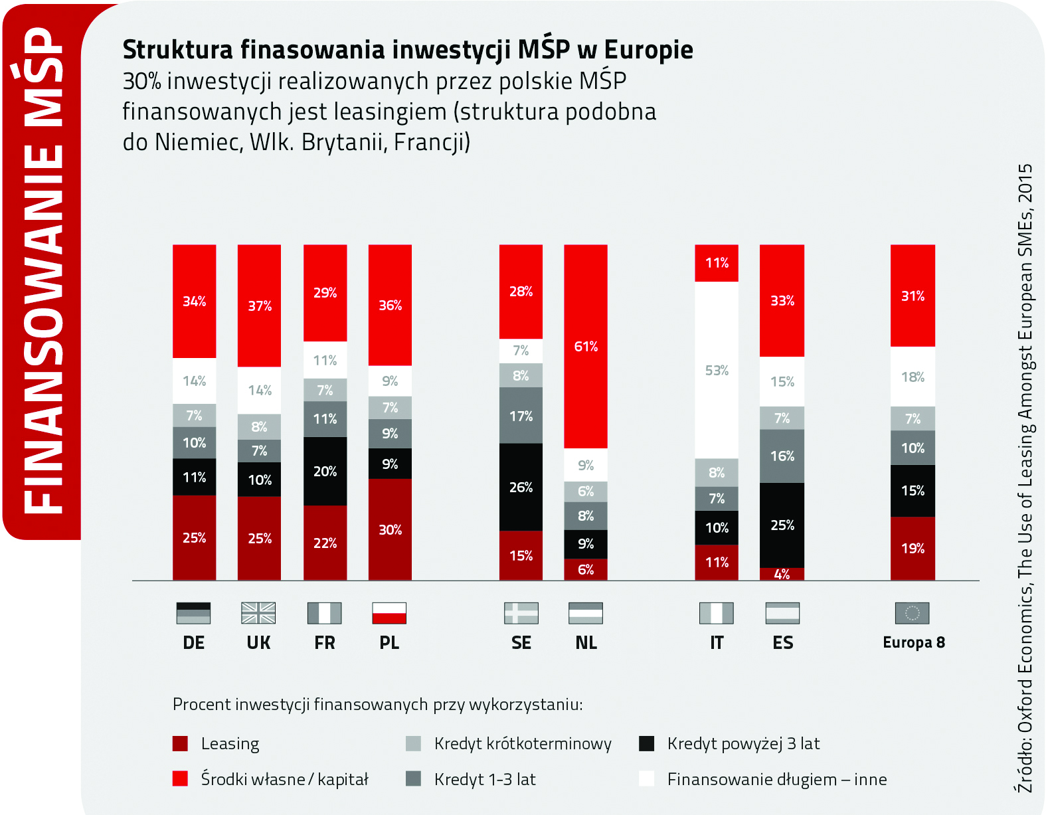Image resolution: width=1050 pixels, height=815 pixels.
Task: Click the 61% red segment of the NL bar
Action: (x=586, y=346)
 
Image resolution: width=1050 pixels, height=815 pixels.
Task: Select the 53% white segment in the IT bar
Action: (x=717, y=370)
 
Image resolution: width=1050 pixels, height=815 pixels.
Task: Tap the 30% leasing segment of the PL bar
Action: (x=390, y=529)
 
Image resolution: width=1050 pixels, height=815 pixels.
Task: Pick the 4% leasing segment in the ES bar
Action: (x=782, y=574)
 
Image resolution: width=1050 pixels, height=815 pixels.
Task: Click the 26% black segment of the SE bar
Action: (x=521, y=487)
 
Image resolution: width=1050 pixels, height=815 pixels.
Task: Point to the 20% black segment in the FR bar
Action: (x=325, y=471)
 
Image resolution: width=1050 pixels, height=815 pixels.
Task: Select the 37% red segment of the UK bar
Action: (x=259, y=306)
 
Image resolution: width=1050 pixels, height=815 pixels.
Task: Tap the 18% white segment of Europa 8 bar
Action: (x=913, y=377)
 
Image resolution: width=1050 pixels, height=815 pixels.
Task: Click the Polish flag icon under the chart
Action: (x=389, y=613)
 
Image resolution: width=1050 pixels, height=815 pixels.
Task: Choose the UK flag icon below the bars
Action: (x=258, y=613)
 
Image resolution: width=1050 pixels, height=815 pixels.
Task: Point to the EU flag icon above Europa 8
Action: (x=912, y=613)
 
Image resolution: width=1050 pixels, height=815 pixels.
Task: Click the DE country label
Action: (x=194, y=643)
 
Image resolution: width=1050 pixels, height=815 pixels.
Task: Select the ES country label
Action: (x=782, y=643)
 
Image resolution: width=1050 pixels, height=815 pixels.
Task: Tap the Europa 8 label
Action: (x=913, y=642)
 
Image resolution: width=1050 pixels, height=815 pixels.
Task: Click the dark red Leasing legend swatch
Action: (x=180, y=743)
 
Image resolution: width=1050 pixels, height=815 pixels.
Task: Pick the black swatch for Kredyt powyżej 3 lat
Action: (x=647, y=743)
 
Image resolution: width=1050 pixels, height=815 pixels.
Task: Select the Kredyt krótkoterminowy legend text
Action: (x=523, y=743)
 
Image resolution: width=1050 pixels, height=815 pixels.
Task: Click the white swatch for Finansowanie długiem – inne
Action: (x=647, y=778)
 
